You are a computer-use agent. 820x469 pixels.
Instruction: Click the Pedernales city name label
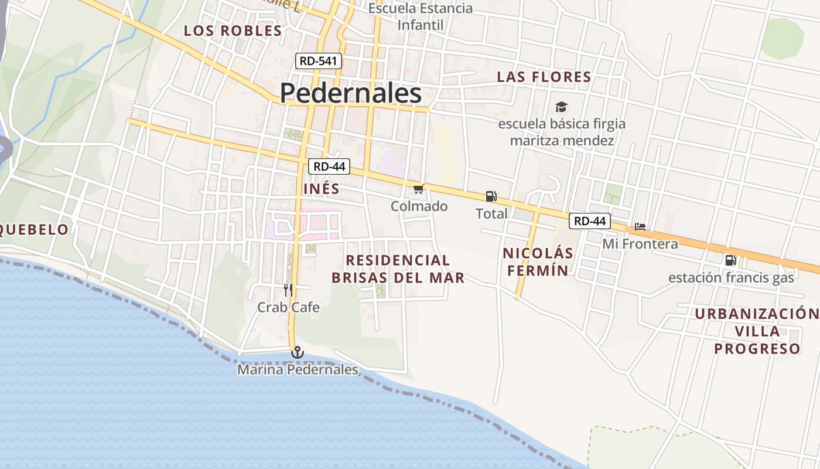pos(350,93)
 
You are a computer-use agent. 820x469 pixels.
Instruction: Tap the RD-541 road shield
pos(319,60)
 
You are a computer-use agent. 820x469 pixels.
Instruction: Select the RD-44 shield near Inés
pos(329,166)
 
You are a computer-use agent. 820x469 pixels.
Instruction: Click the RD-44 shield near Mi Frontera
pos(590,221)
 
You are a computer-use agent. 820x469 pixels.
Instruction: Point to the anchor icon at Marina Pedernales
pos(298,352)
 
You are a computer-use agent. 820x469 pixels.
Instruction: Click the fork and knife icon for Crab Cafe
pos(288,290)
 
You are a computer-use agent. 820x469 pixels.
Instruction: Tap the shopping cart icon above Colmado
pos(418,189)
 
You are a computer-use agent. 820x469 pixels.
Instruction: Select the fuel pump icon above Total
pos(491,196)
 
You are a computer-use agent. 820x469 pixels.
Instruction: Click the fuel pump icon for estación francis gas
pos(730,260)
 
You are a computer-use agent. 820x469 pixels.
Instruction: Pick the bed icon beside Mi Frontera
pos(640,227)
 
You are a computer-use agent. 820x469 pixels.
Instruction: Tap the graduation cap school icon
pos(561,107)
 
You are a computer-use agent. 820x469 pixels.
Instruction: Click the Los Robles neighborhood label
pos(233,31)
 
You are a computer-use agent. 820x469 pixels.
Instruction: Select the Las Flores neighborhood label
pos(544,77)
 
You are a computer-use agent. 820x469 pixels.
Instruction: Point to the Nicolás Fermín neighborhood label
pos(538,261)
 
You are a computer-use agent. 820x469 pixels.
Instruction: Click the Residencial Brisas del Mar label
pos(398,269)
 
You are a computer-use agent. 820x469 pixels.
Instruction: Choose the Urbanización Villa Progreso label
pos(757,331)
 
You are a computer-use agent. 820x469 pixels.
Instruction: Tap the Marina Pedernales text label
pos(298,370)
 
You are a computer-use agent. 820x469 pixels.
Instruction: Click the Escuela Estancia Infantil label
pos(420,17)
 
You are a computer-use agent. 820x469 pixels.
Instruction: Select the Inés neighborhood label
pos(322,189)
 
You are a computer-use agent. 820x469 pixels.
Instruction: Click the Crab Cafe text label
pos(289,307)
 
